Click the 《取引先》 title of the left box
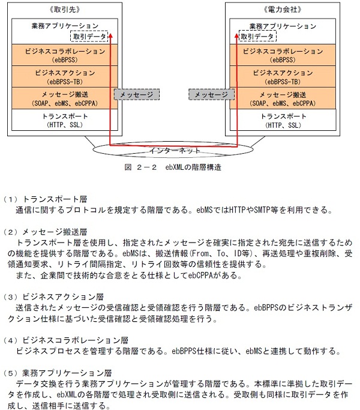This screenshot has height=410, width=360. pos(65,10)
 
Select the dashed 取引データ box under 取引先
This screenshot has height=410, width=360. pos(89,37)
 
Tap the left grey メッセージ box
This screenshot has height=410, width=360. pos(134,95)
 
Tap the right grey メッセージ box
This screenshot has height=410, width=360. pos(211,95)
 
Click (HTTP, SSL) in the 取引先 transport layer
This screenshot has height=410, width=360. pos(65,125)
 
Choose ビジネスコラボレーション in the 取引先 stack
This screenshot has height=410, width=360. pos(65,52)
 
